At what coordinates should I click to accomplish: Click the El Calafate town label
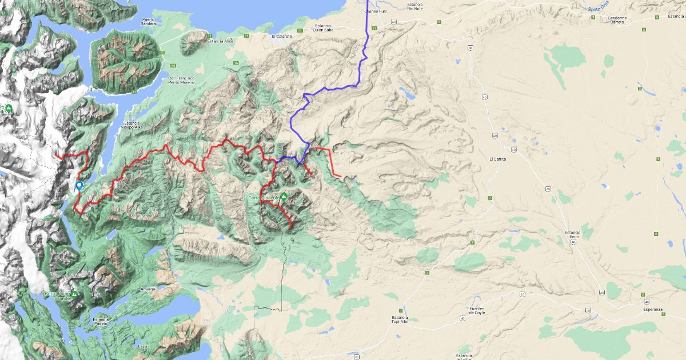click(281, 36)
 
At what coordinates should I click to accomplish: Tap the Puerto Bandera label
click(149, 22)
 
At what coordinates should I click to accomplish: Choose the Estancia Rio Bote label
click(415, 6)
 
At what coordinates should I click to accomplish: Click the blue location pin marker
click(79, 185)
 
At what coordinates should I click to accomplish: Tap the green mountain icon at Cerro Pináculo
click(284, 197)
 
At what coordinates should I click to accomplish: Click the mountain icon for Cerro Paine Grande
click(74, 294)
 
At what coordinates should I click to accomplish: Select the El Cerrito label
click(498, 159)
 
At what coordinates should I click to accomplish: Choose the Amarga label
click(147, 289)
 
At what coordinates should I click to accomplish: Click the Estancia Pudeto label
click(99, 321)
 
